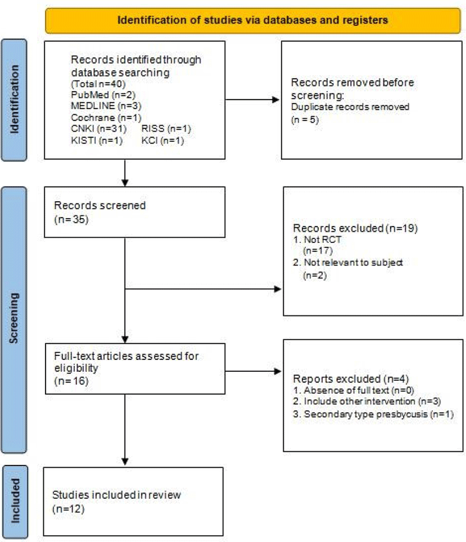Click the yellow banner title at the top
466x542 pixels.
pos(252,20)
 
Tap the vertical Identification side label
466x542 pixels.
pos(14,100)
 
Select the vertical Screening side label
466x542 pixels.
pos(14,318)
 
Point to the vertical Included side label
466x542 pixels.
pos(15,501)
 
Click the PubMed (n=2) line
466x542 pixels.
pos(103,95)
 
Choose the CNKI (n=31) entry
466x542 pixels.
pos(99,128)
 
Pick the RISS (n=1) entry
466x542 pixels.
pos(166,128)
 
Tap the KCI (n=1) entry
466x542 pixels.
pos(162,140)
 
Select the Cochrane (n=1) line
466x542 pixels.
pos(106,118)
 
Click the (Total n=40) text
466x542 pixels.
pos(98,83)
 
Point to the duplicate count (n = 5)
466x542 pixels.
pos(304,119)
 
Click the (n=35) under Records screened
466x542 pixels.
pos(71,220)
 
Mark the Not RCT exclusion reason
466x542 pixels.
pos(317,239)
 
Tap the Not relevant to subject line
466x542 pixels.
pos(348,263)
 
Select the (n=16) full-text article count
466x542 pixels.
pos(71,381)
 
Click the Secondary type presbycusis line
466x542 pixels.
pos(373,414)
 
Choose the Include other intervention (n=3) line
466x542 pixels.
pos(367,401)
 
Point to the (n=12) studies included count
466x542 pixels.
pos(68,509)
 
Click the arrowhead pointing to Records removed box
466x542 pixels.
pos(276,100)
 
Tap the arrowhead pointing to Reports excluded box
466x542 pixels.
pos(278,371)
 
